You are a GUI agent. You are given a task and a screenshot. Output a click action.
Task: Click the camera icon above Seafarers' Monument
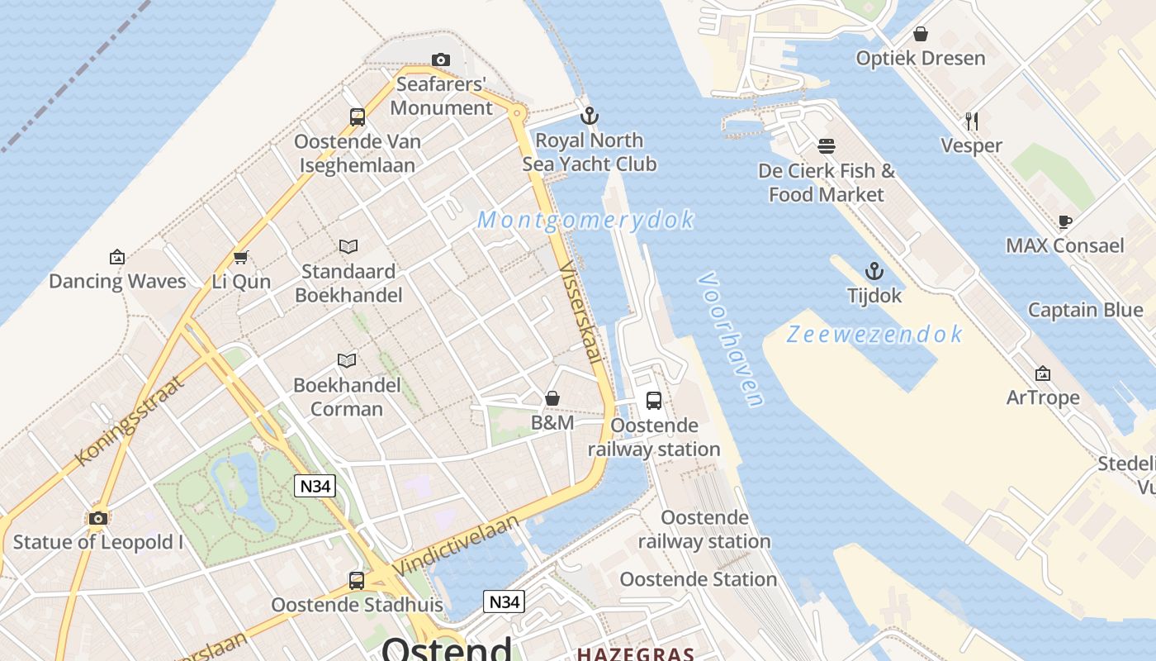(x=441, y=59)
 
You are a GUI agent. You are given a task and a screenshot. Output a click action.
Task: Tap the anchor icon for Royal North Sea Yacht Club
(x=589, y=116)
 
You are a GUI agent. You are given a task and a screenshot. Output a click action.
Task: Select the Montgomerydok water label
(x=585, y=220)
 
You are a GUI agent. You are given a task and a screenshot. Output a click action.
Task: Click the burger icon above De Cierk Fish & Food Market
(x=827, y=146)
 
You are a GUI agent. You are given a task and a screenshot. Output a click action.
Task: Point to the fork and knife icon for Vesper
(x=972, y=121)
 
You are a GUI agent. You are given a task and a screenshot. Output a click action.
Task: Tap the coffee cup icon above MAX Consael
(x=1064, y=221)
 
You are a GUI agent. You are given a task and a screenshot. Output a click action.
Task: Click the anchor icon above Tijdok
(x=874, y=271)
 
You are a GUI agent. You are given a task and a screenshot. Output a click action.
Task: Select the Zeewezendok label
(x=874, y=334)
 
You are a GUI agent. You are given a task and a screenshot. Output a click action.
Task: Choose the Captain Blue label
(x=1085, y=310)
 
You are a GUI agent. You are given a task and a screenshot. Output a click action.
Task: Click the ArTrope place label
(x=1043, y=397)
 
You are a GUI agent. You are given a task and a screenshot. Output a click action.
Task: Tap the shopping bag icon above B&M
(x=552, y=399)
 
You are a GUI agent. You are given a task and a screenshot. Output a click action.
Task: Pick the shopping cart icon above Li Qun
(x=241, y=257)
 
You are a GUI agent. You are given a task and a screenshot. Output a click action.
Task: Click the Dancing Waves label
(x=117, y=281)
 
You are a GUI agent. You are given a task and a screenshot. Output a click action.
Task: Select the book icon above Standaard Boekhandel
(x=348, y=246)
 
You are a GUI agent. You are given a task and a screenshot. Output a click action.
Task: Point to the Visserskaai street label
(x=580, y=312)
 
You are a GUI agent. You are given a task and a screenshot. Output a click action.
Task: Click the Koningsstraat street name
(x=128, y=421)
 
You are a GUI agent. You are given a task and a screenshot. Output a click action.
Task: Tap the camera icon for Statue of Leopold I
(x=98, y=518)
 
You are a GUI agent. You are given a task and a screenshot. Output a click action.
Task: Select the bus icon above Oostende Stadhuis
(x=357, y=580)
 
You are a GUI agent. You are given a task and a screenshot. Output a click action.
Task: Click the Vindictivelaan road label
(x=456, y=545)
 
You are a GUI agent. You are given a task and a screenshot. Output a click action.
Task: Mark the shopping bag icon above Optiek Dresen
(x=920, y=34)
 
